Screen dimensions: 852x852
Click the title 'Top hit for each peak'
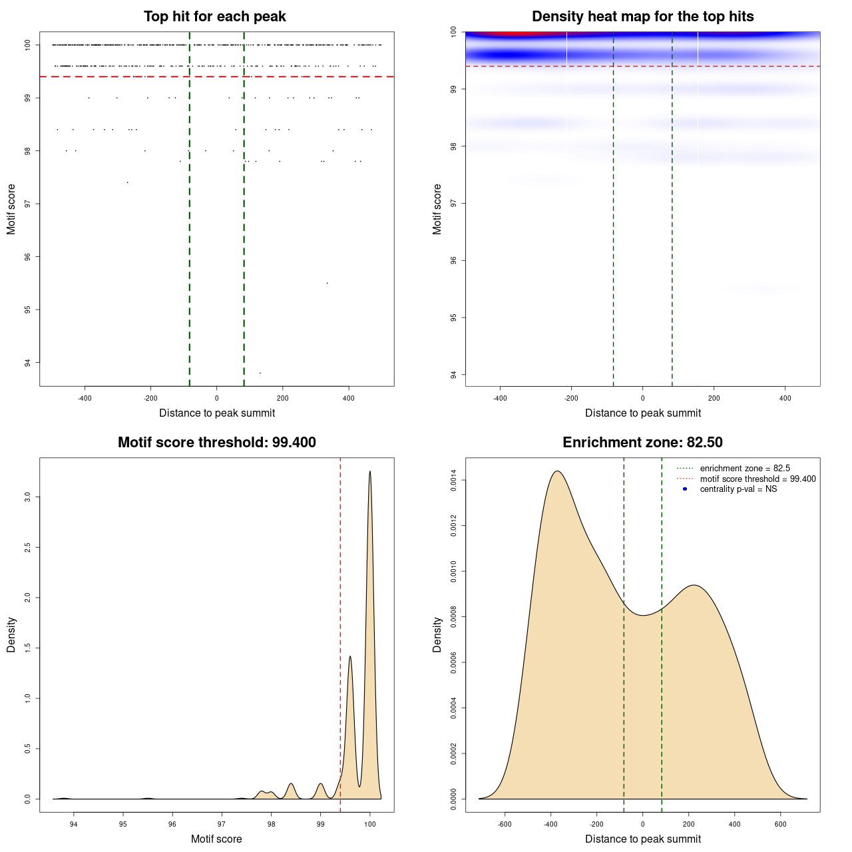point(215,17)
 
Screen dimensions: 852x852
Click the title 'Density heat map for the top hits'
point(642,17)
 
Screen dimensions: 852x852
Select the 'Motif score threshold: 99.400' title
point(216,443)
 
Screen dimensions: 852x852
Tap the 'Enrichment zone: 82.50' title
point(642,443)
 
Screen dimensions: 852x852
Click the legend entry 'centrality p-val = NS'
point(738,489)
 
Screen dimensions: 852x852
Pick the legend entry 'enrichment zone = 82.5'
point(745,469)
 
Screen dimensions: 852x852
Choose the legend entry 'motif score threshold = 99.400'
point(757,479)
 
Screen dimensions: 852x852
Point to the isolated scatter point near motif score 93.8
point(260,373)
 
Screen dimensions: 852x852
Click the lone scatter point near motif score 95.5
point(327,283)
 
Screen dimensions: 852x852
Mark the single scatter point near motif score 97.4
point(127,182)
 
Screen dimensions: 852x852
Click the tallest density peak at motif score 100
point(370,472)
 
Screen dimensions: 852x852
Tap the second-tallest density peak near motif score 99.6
point(350,657)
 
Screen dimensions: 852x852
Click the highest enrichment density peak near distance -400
point(557,472)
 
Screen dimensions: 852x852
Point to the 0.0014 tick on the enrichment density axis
point(454,481)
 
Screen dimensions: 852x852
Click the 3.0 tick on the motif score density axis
point(28,497)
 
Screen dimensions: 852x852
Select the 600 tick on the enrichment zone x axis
point(781,824)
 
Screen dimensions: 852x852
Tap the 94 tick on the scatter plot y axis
point(28,363)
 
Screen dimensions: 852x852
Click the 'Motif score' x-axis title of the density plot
point(216,839)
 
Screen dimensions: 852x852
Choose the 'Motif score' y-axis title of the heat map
point(437,209)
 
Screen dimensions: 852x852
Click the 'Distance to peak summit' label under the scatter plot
point(217,413)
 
